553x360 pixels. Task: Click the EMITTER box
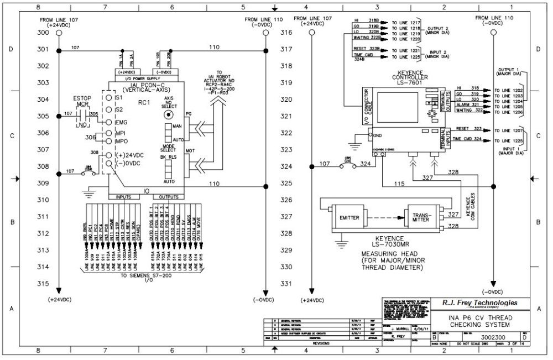click(x=349, y=218)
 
